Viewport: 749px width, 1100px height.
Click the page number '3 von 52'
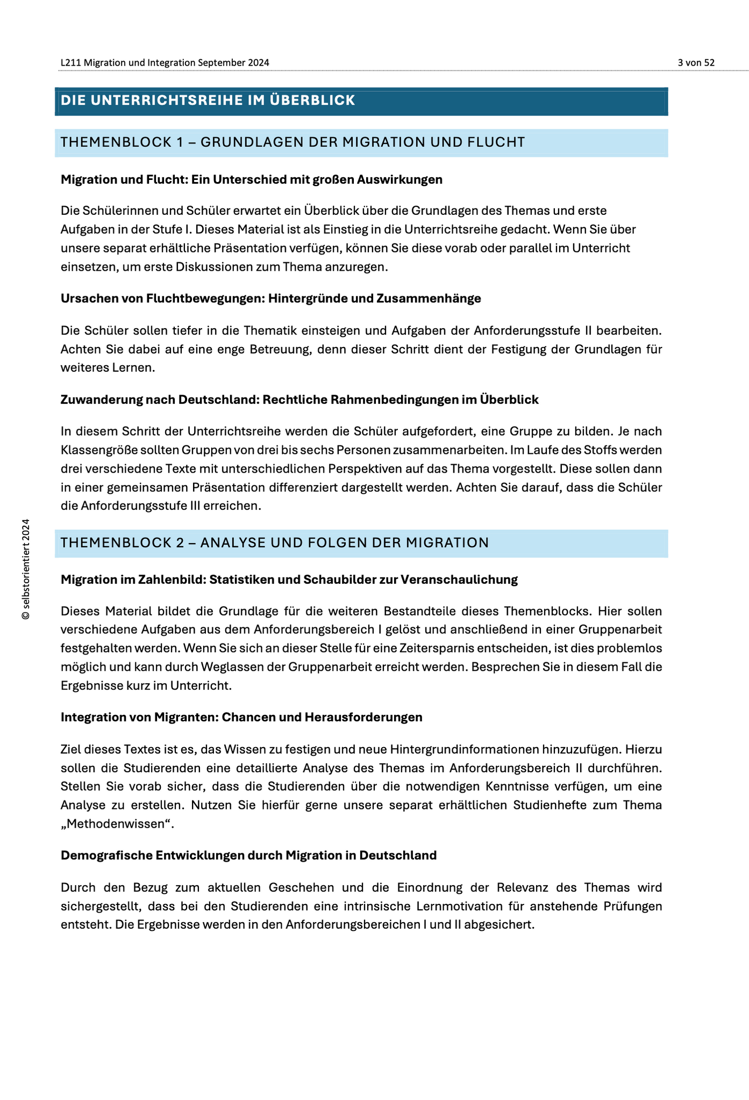pyautogui.click(x=696, y=63)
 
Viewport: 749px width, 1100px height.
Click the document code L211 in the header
pyautogui.click(x=71, y=63)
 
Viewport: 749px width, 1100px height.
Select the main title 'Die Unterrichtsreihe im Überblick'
pyautogui.click(x=208, y=100)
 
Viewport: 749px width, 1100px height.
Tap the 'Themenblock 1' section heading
pyautogui.click(x=293, y=142)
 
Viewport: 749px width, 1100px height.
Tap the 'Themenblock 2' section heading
pyautogui.click(x=275, y=543)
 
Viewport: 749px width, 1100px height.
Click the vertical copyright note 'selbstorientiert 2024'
pyautogui.click(x=25, y=569)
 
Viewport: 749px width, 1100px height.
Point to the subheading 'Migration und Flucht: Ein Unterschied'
pyautogui.click(x=251, y=180)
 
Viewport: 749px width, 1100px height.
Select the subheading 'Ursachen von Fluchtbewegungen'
pyautogui.click(x=270, y=299)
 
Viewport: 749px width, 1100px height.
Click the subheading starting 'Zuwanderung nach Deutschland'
pyautogui.click(x=299, y=400)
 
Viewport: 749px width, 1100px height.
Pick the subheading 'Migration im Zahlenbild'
pyautogui.click(x=289, y=580)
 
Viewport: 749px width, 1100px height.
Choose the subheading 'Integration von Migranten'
pyautogui.click(x=241, y=718)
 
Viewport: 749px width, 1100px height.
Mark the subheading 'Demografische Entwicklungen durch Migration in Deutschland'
pyautogui.click(x=248, y=856)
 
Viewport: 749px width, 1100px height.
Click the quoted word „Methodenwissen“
pyautogui.click(x=117, y=824)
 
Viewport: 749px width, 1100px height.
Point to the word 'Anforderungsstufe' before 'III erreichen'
pyautogui.click(x=133, y=506)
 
